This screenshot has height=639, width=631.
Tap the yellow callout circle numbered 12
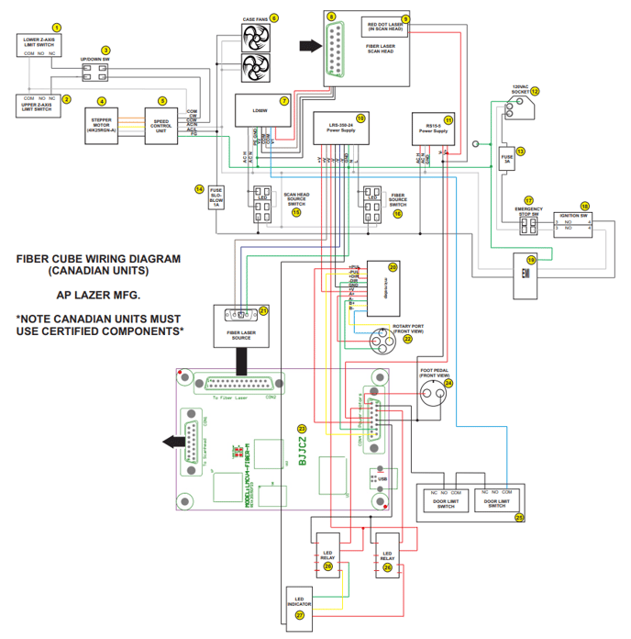(535, 91)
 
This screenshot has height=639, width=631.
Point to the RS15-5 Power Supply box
(434, 129)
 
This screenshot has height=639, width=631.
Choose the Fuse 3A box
(506, 159)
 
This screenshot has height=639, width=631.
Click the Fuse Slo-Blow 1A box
(216, 197)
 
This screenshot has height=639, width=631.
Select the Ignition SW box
(571, 224)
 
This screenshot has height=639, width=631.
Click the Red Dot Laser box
(384, 26)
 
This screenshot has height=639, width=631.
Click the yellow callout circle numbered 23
(302, 429)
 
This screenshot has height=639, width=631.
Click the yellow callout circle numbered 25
(519, 517)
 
